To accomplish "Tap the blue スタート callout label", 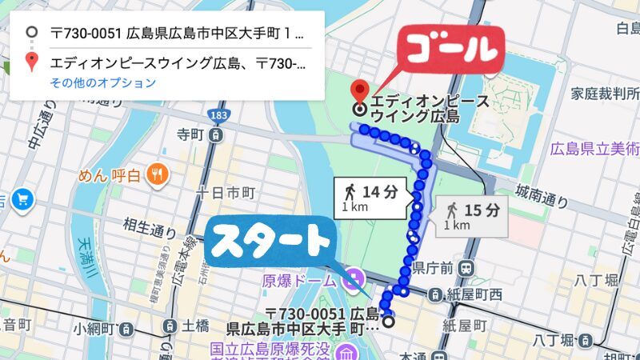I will coord(273,240).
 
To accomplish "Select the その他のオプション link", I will coord(103,82).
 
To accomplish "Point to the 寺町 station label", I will coord(193,134).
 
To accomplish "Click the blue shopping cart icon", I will coord(20,198).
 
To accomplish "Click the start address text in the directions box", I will coord(176,34).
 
